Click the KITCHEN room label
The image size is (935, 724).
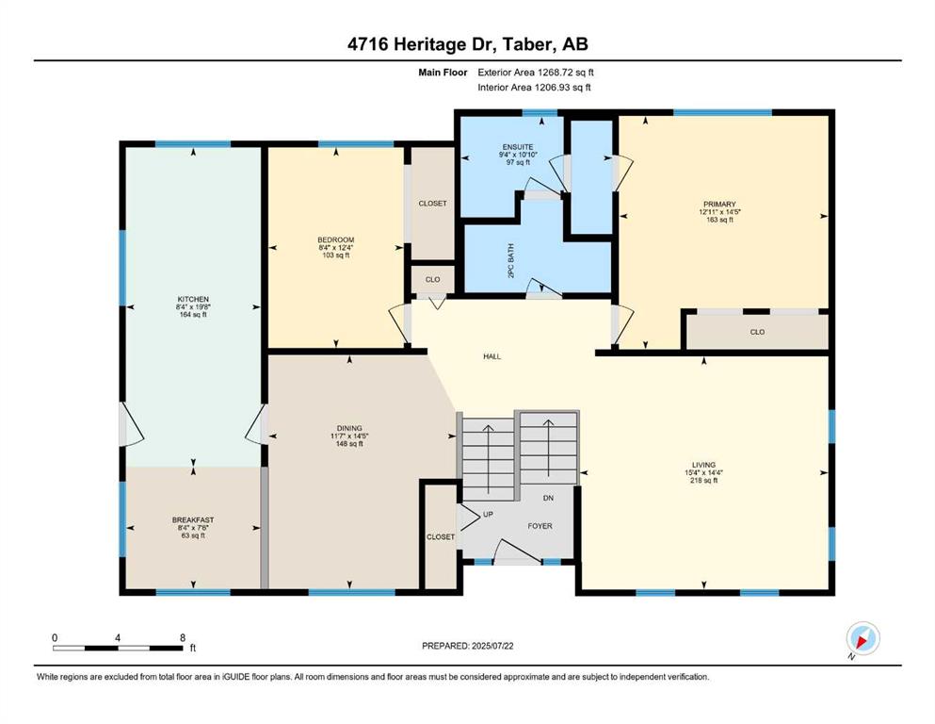193,299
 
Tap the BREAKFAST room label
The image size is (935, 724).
193,519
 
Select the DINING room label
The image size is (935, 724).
349,428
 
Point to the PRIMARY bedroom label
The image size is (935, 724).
719,205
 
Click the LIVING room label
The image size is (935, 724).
703,465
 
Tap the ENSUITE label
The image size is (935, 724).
518,147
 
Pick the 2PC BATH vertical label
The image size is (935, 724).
510,261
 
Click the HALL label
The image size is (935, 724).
492,356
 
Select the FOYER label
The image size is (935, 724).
540,526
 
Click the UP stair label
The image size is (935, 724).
488,514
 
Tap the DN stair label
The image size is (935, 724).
549,498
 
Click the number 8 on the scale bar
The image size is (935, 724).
183,637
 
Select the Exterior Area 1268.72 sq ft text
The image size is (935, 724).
536,73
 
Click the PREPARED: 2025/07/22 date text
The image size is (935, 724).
467,646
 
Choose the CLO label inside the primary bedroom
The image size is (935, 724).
757,332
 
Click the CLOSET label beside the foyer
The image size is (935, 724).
441,537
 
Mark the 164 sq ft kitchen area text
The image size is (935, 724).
193,315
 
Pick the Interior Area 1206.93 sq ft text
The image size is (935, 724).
534,87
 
